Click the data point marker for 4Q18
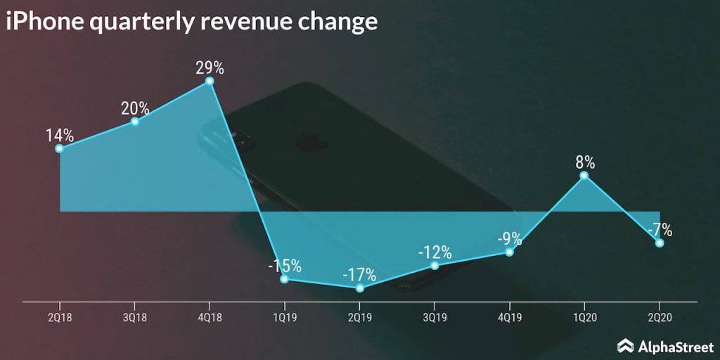pyautogui.click(x=210, y=82)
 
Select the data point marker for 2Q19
pyautogui.click(x=360, y=288)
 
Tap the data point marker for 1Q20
pyautogui.click(x=584, y=175)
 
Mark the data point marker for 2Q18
pyautogui.click(x=60, y=148)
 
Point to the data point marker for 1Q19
pyautogui.click(x=284, y=279)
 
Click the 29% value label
pyautogui.click(x=210, y=68)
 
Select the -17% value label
pyautogui.click(x=360, y=274)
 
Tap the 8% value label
pyautogui.click(x=585, y=162)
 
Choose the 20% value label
pyautogui.click(x=135, y=108)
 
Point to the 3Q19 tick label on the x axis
pyautogui.click(x=435, y=318)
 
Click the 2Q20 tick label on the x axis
pyautogui.click(x=660, y=318)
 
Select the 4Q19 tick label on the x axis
pyautogui.click(x=510, y=318)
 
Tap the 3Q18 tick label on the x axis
pyautogui.click(x=135, y=318)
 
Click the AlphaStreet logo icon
pyautogui.click(x=626, y=345)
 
